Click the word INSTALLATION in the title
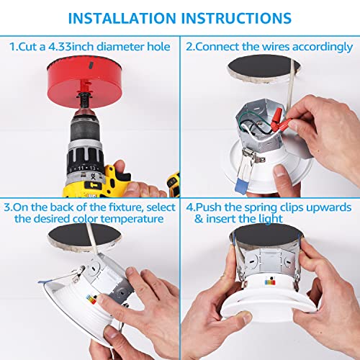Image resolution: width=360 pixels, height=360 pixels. click(122, 18)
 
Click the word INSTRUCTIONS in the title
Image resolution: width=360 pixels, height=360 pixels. click(236, 18)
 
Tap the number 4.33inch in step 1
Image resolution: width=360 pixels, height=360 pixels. click(71, 47)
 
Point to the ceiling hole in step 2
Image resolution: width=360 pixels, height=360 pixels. click(264, 66)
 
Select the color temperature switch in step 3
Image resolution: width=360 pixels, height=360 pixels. click(91, 300)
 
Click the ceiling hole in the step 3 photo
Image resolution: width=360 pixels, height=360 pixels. click(84, 235)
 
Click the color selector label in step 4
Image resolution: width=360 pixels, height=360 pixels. click(270, 282)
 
